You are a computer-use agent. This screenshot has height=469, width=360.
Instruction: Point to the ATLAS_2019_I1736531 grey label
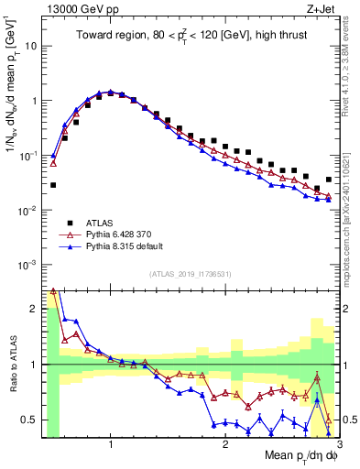[190, 274]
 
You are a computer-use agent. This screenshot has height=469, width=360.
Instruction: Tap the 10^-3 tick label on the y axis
[28, 265]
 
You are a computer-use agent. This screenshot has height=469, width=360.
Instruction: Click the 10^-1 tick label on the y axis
[28, 156]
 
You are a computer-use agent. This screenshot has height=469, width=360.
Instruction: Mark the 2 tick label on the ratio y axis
[34, 309]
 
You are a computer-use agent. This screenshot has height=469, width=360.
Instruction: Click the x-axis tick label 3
[338, 445]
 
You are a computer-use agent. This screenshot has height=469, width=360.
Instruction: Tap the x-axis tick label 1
[111, 445]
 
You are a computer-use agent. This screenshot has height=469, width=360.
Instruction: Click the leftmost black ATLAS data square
[53, 185]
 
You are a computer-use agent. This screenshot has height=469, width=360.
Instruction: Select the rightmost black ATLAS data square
[329, 180]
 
